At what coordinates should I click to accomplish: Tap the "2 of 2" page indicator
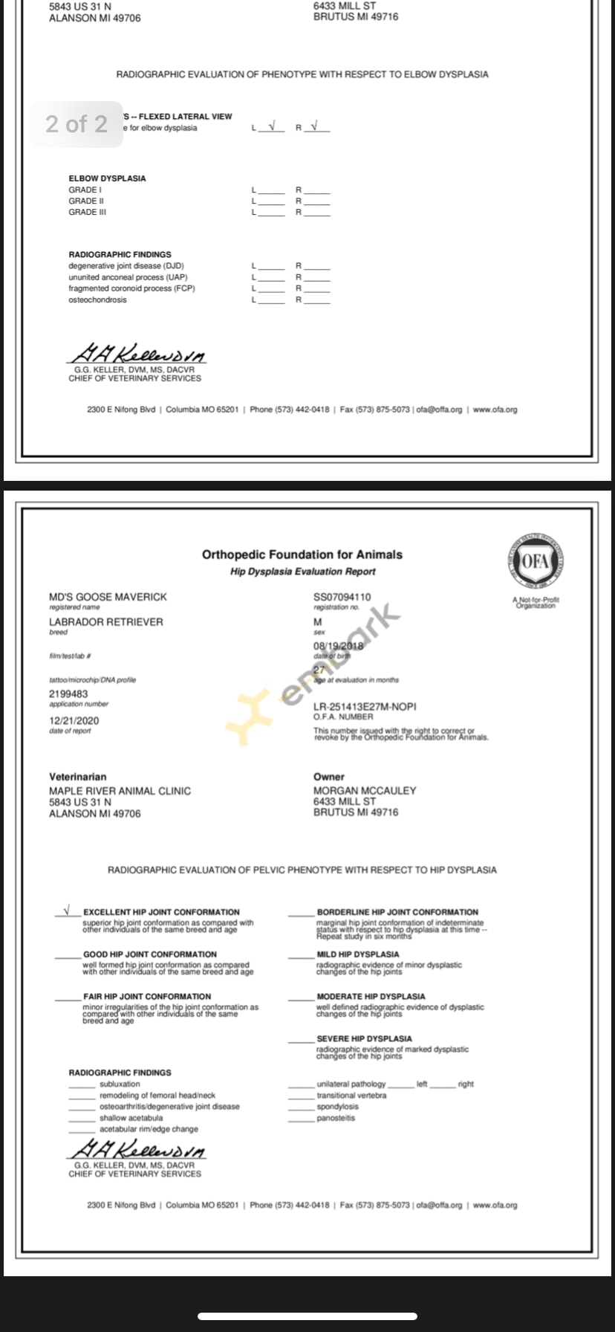(x=77, y=123)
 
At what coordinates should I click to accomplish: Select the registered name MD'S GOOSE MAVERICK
(x=108, y=597)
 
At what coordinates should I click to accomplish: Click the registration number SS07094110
(x=342, y=597)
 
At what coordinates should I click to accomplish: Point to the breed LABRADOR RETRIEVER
(x=105, y=622)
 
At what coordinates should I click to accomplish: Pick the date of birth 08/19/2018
(x=339, y=646)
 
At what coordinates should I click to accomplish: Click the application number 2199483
(x=68, y=694)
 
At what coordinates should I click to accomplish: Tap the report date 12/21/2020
(x=74, y=721)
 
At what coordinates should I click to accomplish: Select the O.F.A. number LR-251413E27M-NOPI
(x=365, y=707)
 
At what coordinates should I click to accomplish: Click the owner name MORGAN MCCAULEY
(x=365, y=791)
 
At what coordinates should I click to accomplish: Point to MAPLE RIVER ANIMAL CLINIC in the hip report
(x=120, y=792)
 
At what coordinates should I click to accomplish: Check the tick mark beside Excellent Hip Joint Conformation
(x=67, y=910)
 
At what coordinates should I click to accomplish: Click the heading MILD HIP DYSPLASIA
(x=358, y=954)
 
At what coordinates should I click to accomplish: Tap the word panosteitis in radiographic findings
(x=336, y=1118)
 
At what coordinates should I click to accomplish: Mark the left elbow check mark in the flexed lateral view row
(x=272, y=126)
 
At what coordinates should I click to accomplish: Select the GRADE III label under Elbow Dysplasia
(x=87, y=213)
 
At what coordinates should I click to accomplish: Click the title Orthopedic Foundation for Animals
(x=302, y=555)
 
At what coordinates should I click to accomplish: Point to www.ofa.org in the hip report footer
(x=495, y=1205)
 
